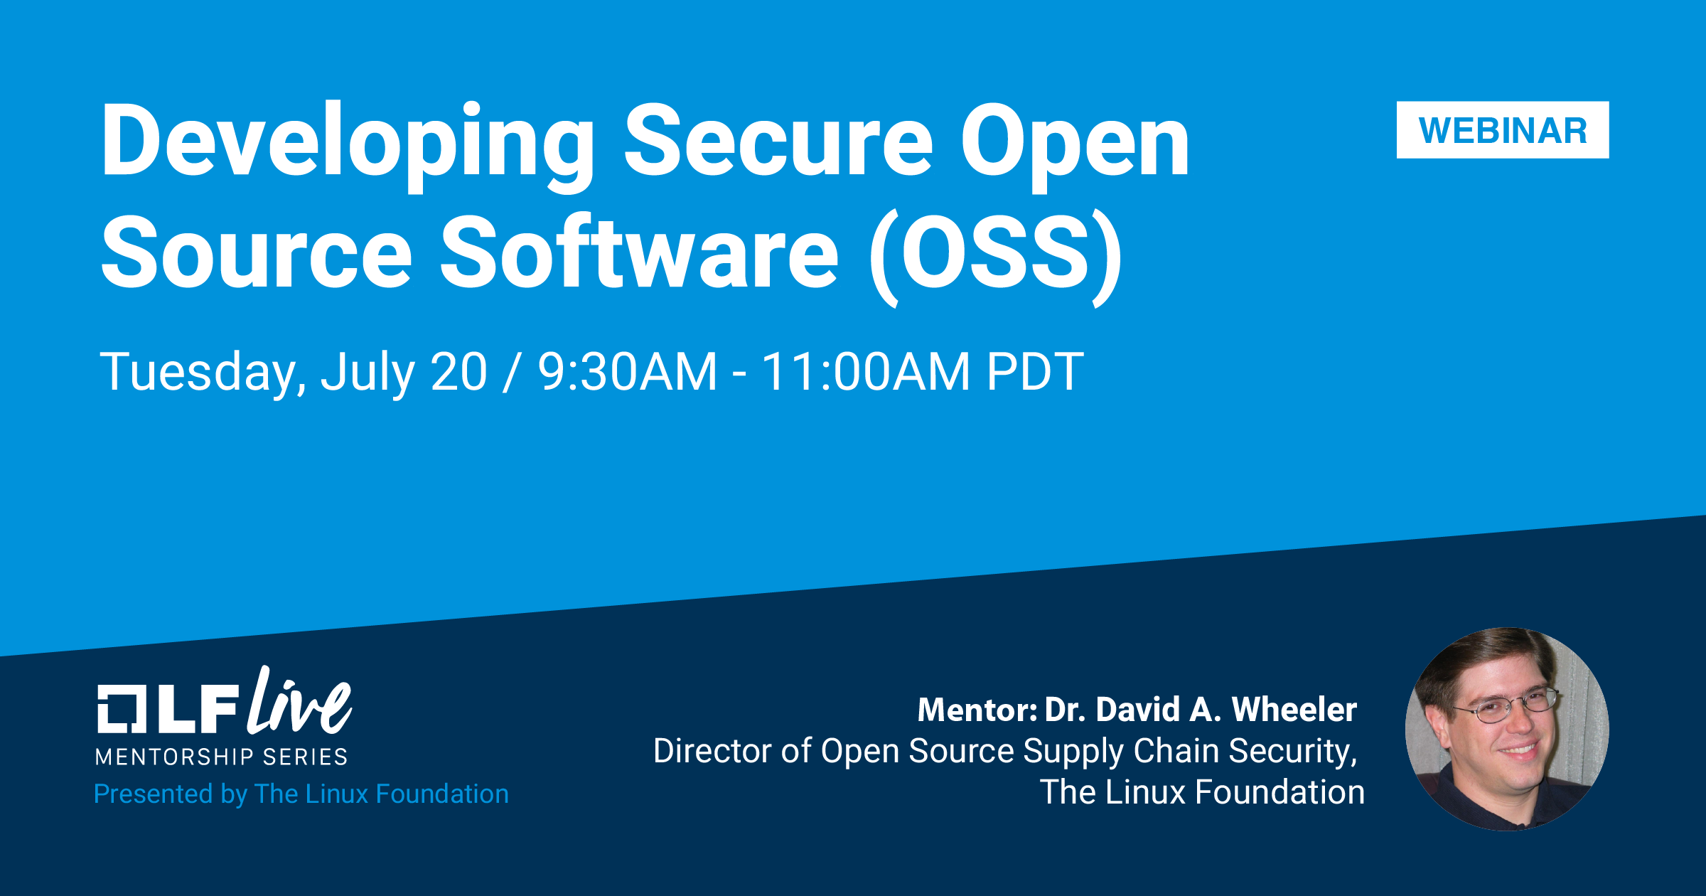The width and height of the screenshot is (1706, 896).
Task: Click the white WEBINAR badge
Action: [1503, 130]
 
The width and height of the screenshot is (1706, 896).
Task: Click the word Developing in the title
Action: [348, 145]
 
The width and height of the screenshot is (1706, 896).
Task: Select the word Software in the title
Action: [640, 252]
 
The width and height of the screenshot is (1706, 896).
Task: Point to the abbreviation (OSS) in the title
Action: [995, 256]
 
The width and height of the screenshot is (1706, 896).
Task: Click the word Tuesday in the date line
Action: [203, 372]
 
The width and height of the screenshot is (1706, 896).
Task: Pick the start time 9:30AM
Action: [627, 371]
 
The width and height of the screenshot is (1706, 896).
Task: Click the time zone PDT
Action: [1035, 371]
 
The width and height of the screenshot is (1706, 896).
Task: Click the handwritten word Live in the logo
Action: [299, 701]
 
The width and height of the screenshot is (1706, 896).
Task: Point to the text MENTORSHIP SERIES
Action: [222, 757]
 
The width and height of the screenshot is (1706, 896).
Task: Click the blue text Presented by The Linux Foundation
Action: [301, 794]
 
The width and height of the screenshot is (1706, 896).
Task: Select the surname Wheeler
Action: [1294, 710]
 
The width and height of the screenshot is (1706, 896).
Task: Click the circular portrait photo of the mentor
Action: [1507, 729]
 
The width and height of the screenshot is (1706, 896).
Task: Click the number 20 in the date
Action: [459, 371]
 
